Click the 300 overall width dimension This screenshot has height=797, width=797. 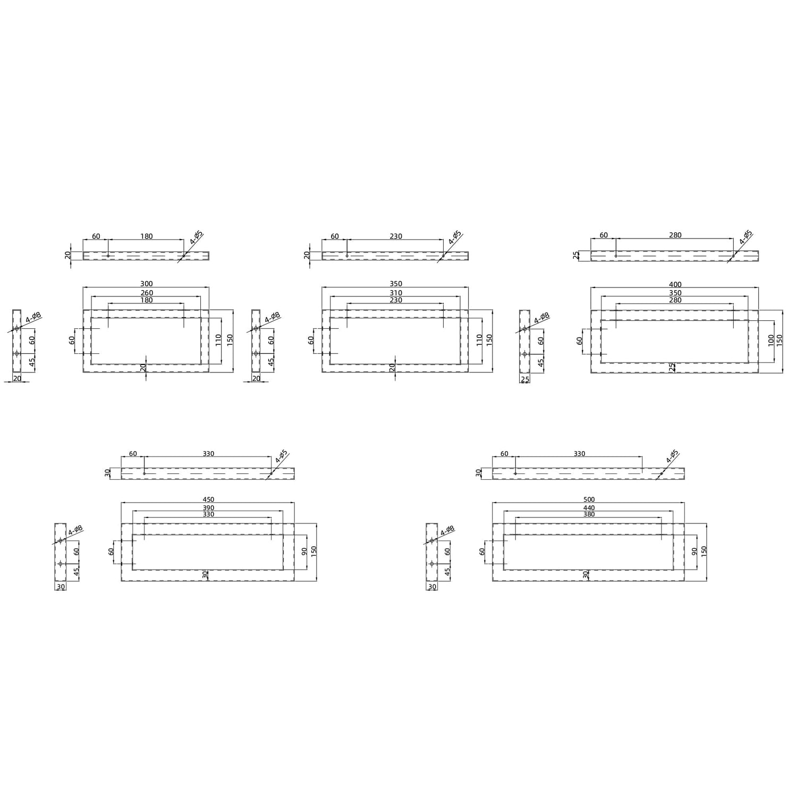[146, 284]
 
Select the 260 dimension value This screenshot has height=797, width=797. [146, 293]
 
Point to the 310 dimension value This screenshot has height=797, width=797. [395, 293]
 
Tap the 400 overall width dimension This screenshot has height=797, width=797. [675, 284]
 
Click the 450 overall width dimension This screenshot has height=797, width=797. [208, 499]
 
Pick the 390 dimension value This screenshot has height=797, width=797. [208, 508]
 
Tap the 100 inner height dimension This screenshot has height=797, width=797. [771, 341]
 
